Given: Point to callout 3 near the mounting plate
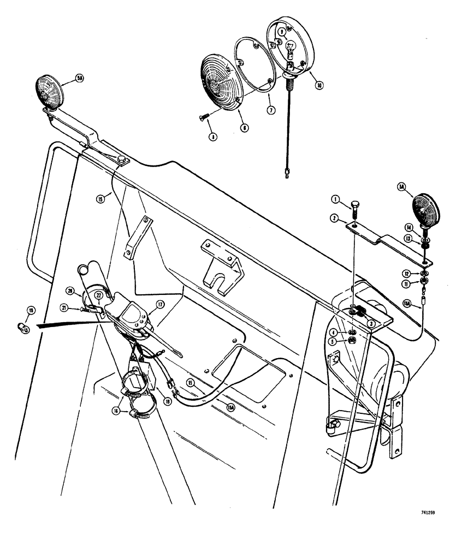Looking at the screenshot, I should tap(334, 330).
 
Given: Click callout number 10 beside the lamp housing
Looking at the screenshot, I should tap(318, 85).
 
